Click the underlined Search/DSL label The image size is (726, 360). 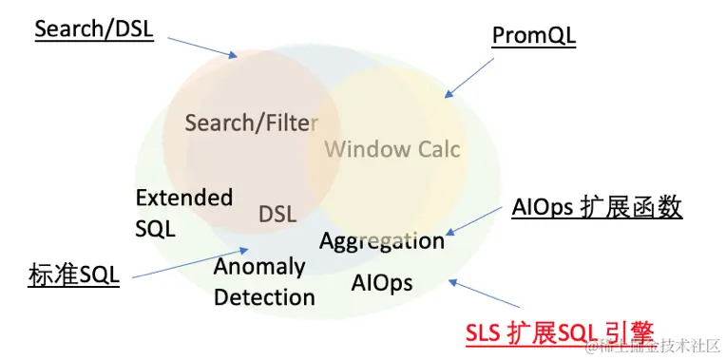[x=94, y=29]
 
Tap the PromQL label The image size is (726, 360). [x=534, y=36]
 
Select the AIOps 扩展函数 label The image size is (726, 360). [x=597, y=208]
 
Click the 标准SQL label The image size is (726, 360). [x=73, y=276]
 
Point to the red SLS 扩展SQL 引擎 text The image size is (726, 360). [x=560, y=333]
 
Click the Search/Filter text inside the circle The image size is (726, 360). [x=252, y=123]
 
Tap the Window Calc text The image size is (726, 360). [x=392, y=149]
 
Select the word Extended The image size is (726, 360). [x=184, y=198]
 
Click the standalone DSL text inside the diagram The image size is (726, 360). [x=277, y=215]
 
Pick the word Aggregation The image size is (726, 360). [x=382, y=241]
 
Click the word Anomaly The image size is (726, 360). [x=259, y=268]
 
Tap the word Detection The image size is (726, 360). [x=264, y=297]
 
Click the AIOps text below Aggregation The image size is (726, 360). [x=382, y=283]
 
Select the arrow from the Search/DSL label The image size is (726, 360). [x=202, y=47]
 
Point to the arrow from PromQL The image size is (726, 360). [x=469, y=78]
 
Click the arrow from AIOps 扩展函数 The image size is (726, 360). [x=473, y=220]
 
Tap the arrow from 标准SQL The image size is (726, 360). [x=190, y=263]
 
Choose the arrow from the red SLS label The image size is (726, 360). [x=484, y=293]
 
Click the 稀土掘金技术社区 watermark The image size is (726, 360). [x=654, y=346]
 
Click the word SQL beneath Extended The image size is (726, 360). [x=155, y=229]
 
